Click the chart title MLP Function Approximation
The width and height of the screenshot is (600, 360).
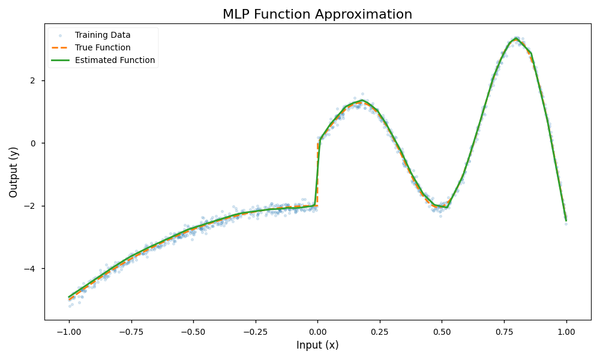click(x=317, y=14)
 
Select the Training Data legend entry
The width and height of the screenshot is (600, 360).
click(x=103, y=35)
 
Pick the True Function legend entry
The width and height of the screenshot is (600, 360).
click(x=103, y=47)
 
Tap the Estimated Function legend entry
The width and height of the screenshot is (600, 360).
click(x=115, y=60)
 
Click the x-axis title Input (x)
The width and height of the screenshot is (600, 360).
click(x=317, y=345)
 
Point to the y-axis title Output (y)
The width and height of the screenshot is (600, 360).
click(x=14, y=172)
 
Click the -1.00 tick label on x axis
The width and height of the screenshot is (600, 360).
click(x=69, y=331)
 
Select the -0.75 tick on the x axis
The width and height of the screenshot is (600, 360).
click(x=131, y=331)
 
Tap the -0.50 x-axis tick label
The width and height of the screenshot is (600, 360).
click(x=193, y=331)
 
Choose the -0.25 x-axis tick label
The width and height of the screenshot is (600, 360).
click(x=256, y=331)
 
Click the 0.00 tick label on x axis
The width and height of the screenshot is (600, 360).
click(x=317, y=331)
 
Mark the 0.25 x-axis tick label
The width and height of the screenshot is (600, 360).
click(x=380, y=331)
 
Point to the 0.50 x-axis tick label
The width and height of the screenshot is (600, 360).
click(x=442, y=331)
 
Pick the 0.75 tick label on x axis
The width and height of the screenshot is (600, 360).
click(x=504, y=331)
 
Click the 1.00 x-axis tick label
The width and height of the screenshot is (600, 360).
click(x=566, y=331)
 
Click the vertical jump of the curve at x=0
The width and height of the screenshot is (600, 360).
click(x=318, y=174)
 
